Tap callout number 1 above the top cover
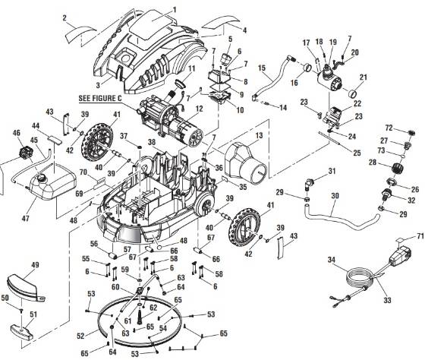[174, 8]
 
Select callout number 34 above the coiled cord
[331, 261]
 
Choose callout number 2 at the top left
[65, 17]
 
